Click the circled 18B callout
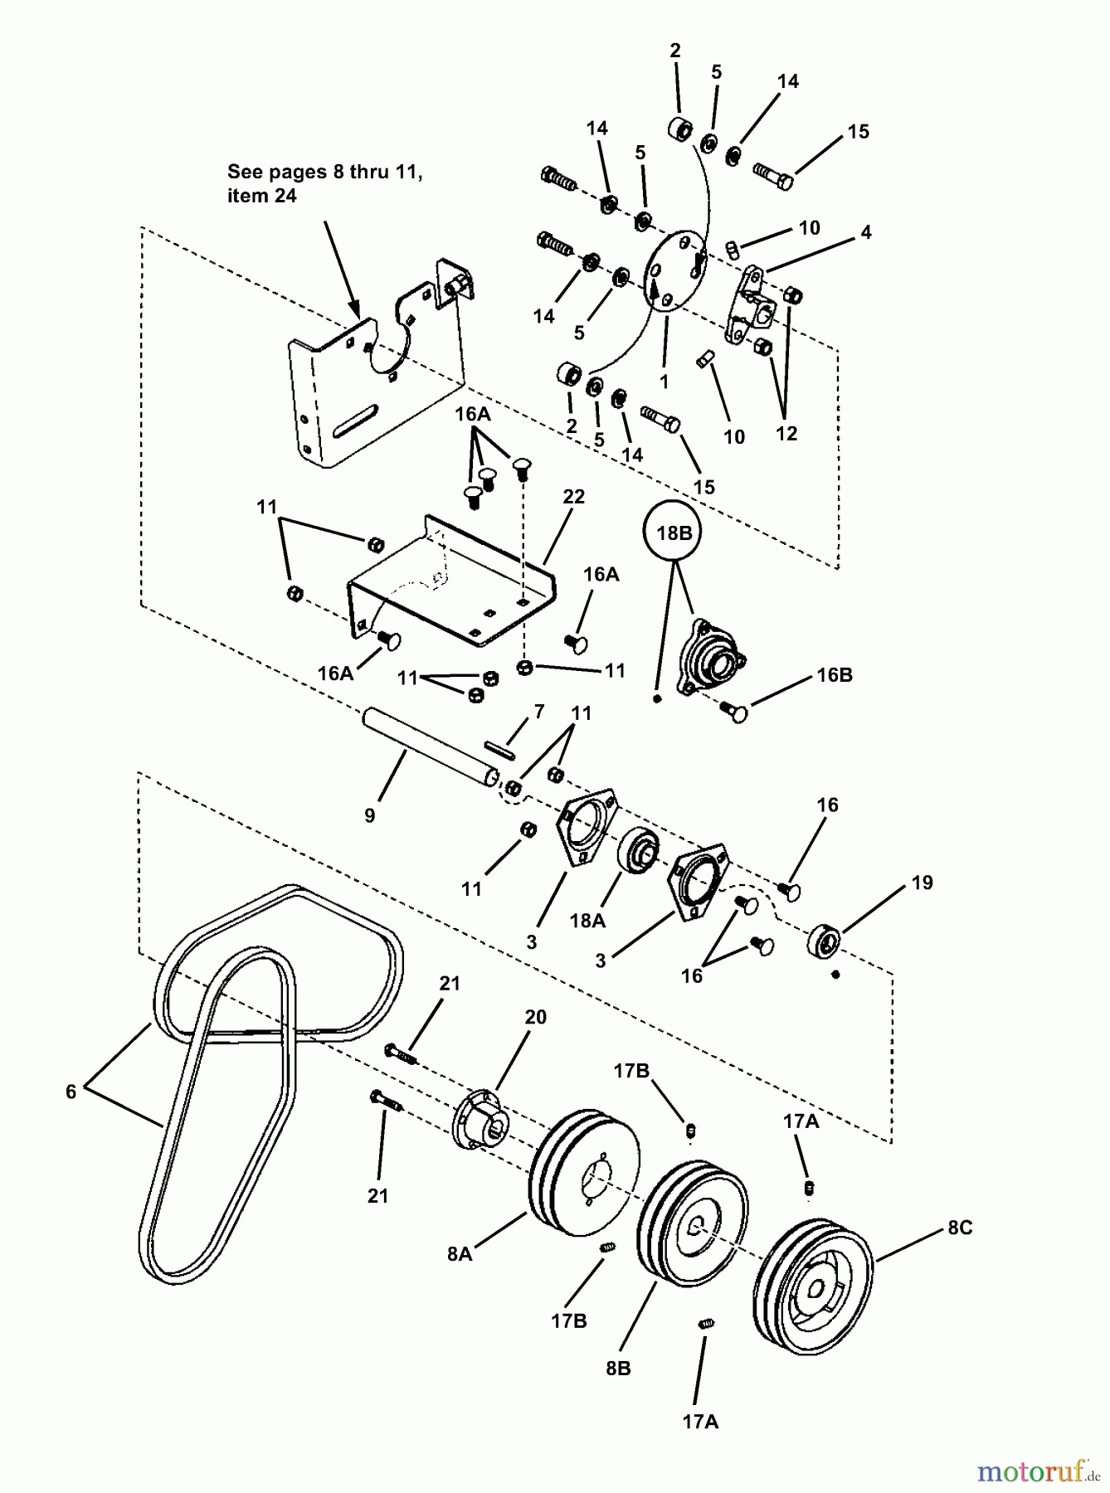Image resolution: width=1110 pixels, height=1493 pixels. point(674,533)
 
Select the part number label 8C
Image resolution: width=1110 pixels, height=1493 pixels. point(960,1228)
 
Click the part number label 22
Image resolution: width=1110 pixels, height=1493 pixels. point(573,497)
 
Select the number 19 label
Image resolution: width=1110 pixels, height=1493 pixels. point(922,883)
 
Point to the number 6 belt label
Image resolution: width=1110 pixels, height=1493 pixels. point(71,1092)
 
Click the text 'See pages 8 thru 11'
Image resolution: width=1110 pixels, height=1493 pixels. point(324,172)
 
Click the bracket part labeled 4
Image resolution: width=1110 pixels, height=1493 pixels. point(750,305)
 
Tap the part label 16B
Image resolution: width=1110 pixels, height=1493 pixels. point(834,674)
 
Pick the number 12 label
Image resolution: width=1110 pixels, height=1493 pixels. point(786,433)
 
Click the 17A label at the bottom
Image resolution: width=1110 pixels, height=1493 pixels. point(700,1422)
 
